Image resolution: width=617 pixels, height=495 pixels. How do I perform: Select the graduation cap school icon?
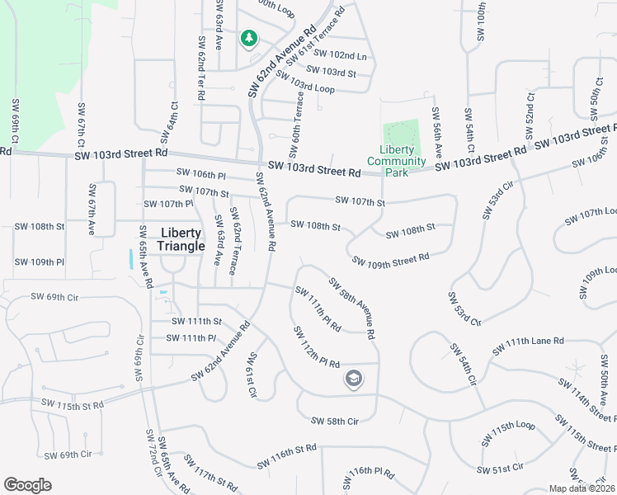[354, 379]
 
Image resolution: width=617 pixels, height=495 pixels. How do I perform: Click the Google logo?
[28, 485]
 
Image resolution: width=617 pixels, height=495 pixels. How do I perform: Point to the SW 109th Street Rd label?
[390, 259]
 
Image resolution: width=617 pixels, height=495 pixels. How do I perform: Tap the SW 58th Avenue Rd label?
[352, 309]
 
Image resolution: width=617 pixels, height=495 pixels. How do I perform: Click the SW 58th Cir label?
[335, 422]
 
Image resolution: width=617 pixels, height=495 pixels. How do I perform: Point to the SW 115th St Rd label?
[75, 406]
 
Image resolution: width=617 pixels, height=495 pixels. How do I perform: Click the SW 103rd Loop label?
[305, 82]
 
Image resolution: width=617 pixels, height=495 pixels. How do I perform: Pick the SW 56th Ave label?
[437, 131]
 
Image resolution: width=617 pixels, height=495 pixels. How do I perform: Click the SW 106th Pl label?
[201, 174]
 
